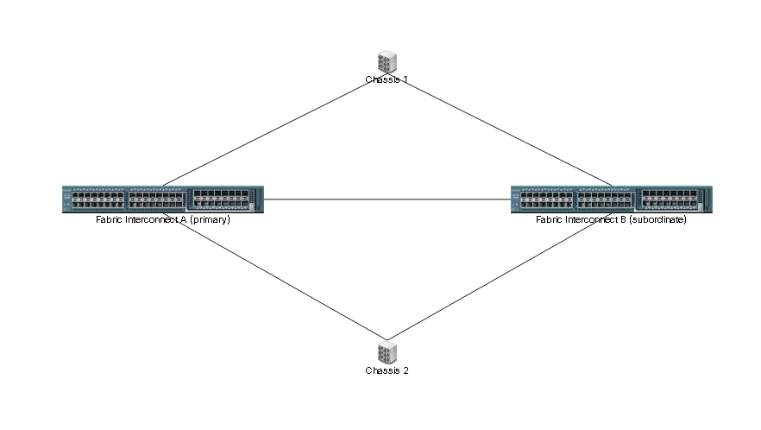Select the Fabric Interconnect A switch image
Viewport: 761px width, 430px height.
coord(162,199)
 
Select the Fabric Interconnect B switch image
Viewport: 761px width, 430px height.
coord(612,199)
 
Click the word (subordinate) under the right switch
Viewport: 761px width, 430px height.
coord(657,220)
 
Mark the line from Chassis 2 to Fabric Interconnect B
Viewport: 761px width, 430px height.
coord(500,276)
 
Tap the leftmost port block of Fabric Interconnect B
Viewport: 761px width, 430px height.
coord(546,200)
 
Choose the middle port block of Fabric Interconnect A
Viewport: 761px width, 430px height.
coord(155,200)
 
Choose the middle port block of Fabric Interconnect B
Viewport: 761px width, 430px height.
coord(604,200)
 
